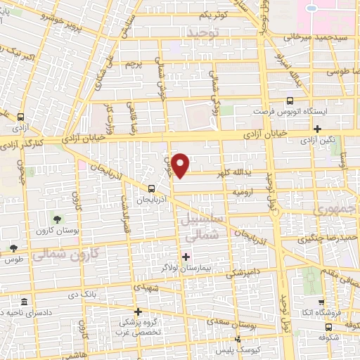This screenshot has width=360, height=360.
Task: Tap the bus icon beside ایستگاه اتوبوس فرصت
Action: (x=290, y=101)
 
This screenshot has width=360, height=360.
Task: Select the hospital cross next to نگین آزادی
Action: (x=318, y=129)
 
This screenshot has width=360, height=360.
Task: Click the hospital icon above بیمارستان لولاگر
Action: (x=186, y=256)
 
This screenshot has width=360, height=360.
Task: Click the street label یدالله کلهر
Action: (x=245, y=173)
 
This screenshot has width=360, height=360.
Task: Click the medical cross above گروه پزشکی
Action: (x=139, y=311)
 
